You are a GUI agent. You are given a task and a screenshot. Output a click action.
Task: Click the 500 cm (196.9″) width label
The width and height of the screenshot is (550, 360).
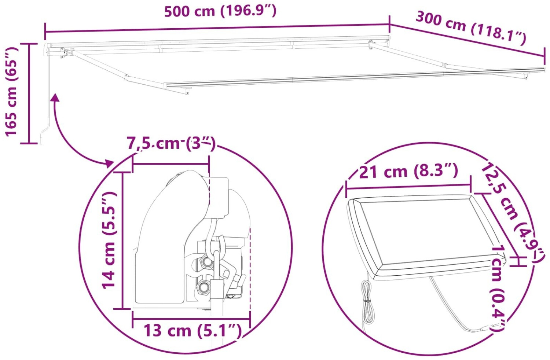[220, 11]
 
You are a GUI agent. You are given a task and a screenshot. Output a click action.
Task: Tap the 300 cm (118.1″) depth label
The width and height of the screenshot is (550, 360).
[471, 29]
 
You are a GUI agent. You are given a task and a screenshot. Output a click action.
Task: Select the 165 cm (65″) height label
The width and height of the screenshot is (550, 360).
[11, 92]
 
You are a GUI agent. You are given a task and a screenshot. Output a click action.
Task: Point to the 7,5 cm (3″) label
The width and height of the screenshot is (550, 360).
[171, 144]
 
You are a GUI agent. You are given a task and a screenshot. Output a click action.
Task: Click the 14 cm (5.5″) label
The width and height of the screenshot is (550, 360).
[109, 240]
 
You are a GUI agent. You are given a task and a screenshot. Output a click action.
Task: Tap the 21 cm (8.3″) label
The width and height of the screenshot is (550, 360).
[408, 171]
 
